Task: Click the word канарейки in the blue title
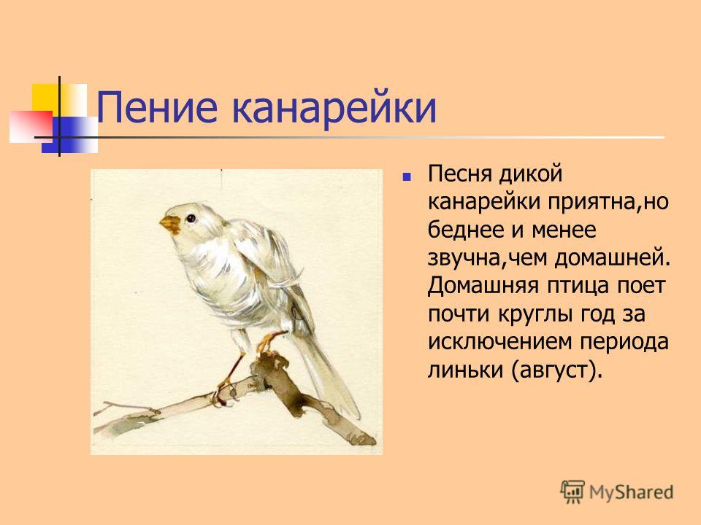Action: pyautogui.click(x=334, y=108)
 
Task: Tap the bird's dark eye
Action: pyautogui.click(x=191, y=218)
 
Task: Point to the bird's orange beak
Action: pyautogui.click(x=170, y=224)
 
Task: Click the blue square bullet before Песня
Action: pyautogui.click(x=407, y=176)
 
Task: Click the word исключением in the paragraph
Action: pyautogui.click(x=500, y=342)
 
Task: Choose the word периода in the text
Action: pyautogui.click(x=624, y=343)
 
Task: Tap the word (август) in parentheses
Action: pyautogui.click(x=555, y=370)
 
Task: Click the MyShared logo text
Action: pyautogui.click(x=631, y=492)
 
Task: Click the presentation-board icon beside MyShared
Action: pyautogui.click(x=572, y=491)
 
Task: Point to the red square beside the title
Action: pyautogui.click(x=31, y=127)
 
